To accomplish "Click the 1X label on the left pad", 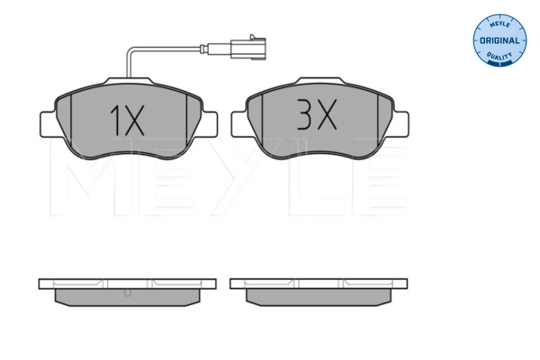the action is click(127, 121).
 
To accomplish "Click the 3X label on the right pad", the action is click(317, 114).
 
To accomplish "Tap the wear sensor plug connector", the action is click(248, 47).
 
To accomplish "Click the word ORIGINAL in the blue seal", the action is click(499, 40).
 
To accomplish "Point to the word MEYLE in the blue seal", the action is click(499, 24).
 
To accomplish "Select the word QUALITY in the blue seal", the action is click(499, 56).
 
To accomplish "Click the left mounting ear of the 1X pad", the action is click(49, 124).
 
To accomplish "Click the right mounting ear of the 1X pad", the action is click(210, 124).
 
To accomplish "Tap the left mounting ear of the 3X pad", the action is click(239, 124).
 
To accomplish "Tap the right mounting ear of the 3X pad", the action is click(400, 124).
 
